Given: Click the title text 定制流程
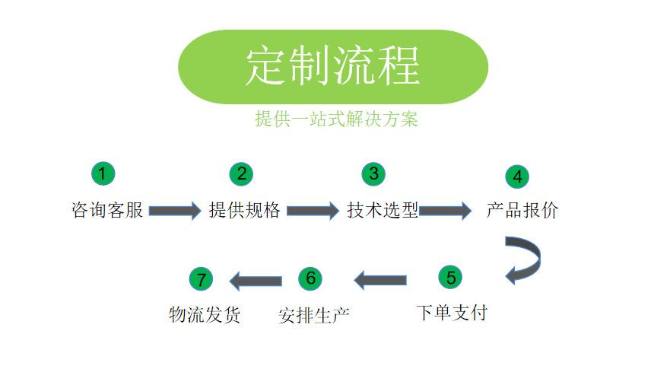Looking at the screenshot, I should click(x=332, y=66).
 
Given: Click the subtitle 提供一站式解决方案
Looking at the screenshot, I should click(x=336, y=119).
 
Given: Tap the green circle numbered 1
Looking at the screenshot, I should click(x=103, y=173).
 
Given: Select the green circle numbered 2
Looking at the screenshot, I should click(x=241, y=173).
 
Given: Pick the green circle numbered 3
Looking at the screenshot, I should click(x=373, y=173).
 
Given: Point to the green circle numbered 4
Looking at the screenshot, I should click(x=517, y=177).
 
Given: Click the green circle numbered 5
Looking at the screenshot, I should click(x=450, y=277).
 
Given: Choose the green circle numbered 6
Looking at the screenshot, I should click(x=310, y=278).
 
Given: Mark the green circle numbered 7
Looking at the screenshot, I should click(x=201, y=279).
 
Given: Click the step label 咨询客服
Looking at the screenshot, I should click(x=107, y=210).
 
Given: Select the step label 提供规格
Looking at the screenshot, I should click(x=245, y=210).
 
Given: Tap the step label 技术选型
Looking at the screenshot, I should click(x=383, y=210).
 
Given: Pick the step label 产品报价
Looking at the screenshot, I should click(x=522, y=210).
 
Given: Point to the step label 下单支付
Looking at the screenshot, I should click(x=452, y=312).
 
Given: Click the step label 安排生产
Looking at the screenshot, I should click(x=314, y=314).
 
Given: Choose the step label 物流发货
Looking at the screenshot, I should click(x=205, y=314).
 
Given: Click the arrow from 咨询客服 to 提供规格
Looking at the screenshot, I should click(x=175, y=210).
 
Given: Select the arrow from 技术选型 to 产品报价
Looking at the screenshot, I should click(x=446, y=210).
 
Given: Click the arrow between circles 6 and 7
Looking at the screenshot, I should click(x=256, y=281).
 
